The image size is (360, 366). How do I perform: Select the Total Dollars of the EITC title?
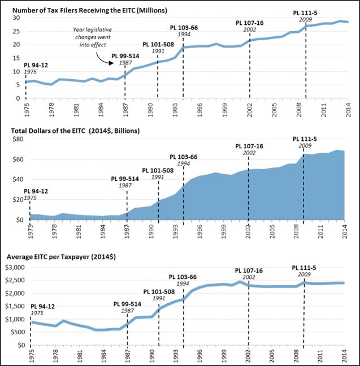pyautogui.click(x=86, y=131)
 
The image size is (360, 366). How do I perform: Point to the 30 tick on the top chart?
pyautogui.click(x=17, y=18)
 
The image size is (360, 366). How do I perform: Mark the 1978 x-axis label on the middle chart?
pyautogui.click(x=51, y=227)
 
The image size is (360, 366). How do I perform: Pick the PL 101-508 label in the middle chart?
pyautogui.click(x=158, y=170)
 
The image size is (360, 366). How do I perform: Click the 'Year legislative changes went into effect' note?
pyautogui.click(x=94, y=36)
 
